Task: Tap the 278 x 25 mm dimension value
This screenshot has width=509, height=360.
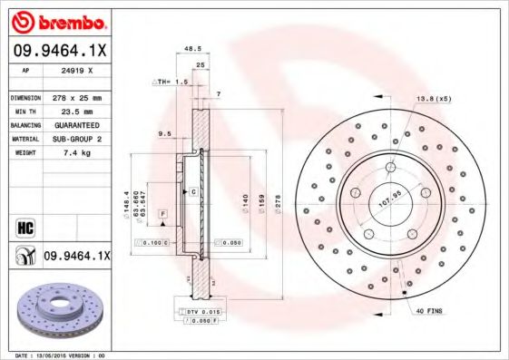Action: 76,97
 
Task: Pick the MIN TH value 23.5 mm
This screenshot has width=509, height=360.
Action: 76,111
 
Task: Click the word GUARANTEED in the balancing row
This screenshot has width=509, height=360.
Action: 76,124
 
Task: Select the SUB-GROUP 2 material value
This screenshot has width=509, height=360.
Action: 76,139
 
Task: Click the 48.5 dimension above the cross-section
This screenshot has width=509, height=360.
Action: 191,48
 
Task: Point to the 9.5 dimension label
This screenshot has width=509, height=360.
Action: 165,134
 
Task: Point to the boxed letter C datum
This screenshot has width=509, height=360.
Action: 193,193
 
